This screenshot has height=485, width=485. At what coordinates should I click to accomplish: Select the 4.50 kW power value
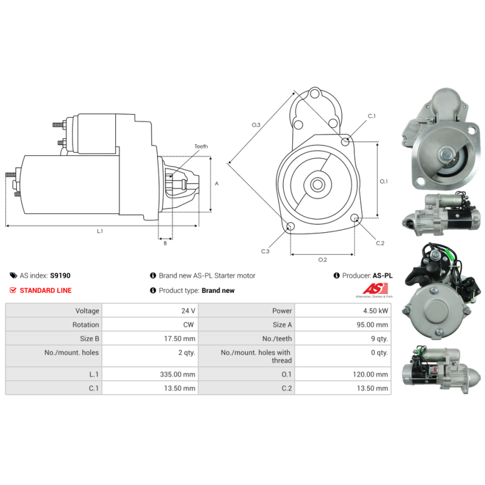[x=375, y=310]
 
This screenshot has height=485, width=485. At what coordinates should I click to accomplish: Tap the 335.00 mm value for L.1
[x=178, y=374]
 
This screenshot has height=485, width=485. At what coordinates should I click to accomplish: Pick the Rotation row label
[x=85, y=324]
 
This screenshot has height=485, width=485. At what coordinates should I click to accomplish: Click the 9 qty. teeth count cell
[x=380, y=339]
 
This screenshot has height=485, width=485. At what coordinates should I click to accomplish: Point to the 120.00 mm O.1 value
[x=370, y=374]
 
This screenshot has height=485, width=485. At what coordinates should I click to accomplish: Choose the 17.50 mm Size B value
[x=179, y=338]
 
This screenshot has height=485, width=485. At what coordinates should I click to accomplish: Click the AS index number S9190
[x=60, y=275]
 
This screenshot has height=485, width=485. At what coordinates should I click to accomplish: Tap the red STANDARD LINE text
[x=46, y=290]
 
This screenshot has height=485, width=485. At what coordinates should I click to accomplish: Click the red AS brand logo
[x=375, y=289]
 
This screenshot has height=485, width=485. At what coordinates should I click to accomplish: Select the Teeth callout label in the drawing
[x=201, y=146]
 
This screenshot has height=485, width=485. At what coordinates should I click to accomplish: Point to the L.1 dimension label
[x=100, y=231]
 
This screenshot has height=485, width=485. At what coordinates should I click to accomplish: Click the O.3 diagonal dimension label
[x=256, y=125]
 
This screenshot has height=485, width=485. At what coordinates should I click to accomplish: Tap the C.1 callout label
[x=372, y=116]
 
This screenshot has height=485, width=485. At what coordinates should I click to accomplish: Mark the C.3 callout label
[x=265, y=251]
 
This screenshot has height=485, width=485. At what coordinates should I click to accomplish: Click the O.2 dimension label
[x=323, y=259]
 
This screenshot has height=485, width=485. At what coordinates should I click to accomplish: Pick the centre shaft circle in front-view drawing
[x=317, y=185]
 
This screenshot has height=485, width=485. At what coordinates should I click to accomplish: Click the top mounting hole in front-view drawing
[x=315, y=93]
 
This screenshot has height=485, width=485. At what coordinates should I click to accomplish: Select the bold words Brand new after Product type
[x=218, y=290]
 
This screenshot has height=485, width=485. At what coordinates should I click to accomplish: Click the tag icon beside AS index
[x=13, y=275]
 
